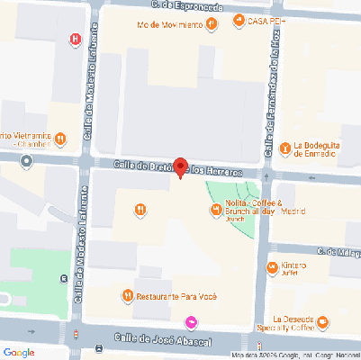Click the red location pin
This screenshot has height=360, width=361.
[x=180, y=166]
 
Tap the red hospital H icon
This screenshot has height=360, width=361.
[x=76, y=38]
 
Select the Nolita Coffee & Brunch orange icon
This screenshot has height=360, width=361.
[x=216, y=211]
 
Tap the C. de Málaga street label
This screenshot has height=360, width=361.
[x=338, y=253]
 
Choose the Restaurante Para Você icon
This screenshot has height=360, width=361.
[x=129, y=295]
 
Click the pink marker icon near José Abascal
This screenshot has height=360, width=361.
[x=190, y=322]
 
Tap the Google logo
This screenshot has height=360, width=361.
[x=19, y=351]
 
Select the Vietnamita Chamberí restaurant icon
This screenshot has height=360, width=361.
[x=60, y=139]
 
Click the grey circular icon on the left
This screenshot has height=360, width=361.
[x=27, y=161]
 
